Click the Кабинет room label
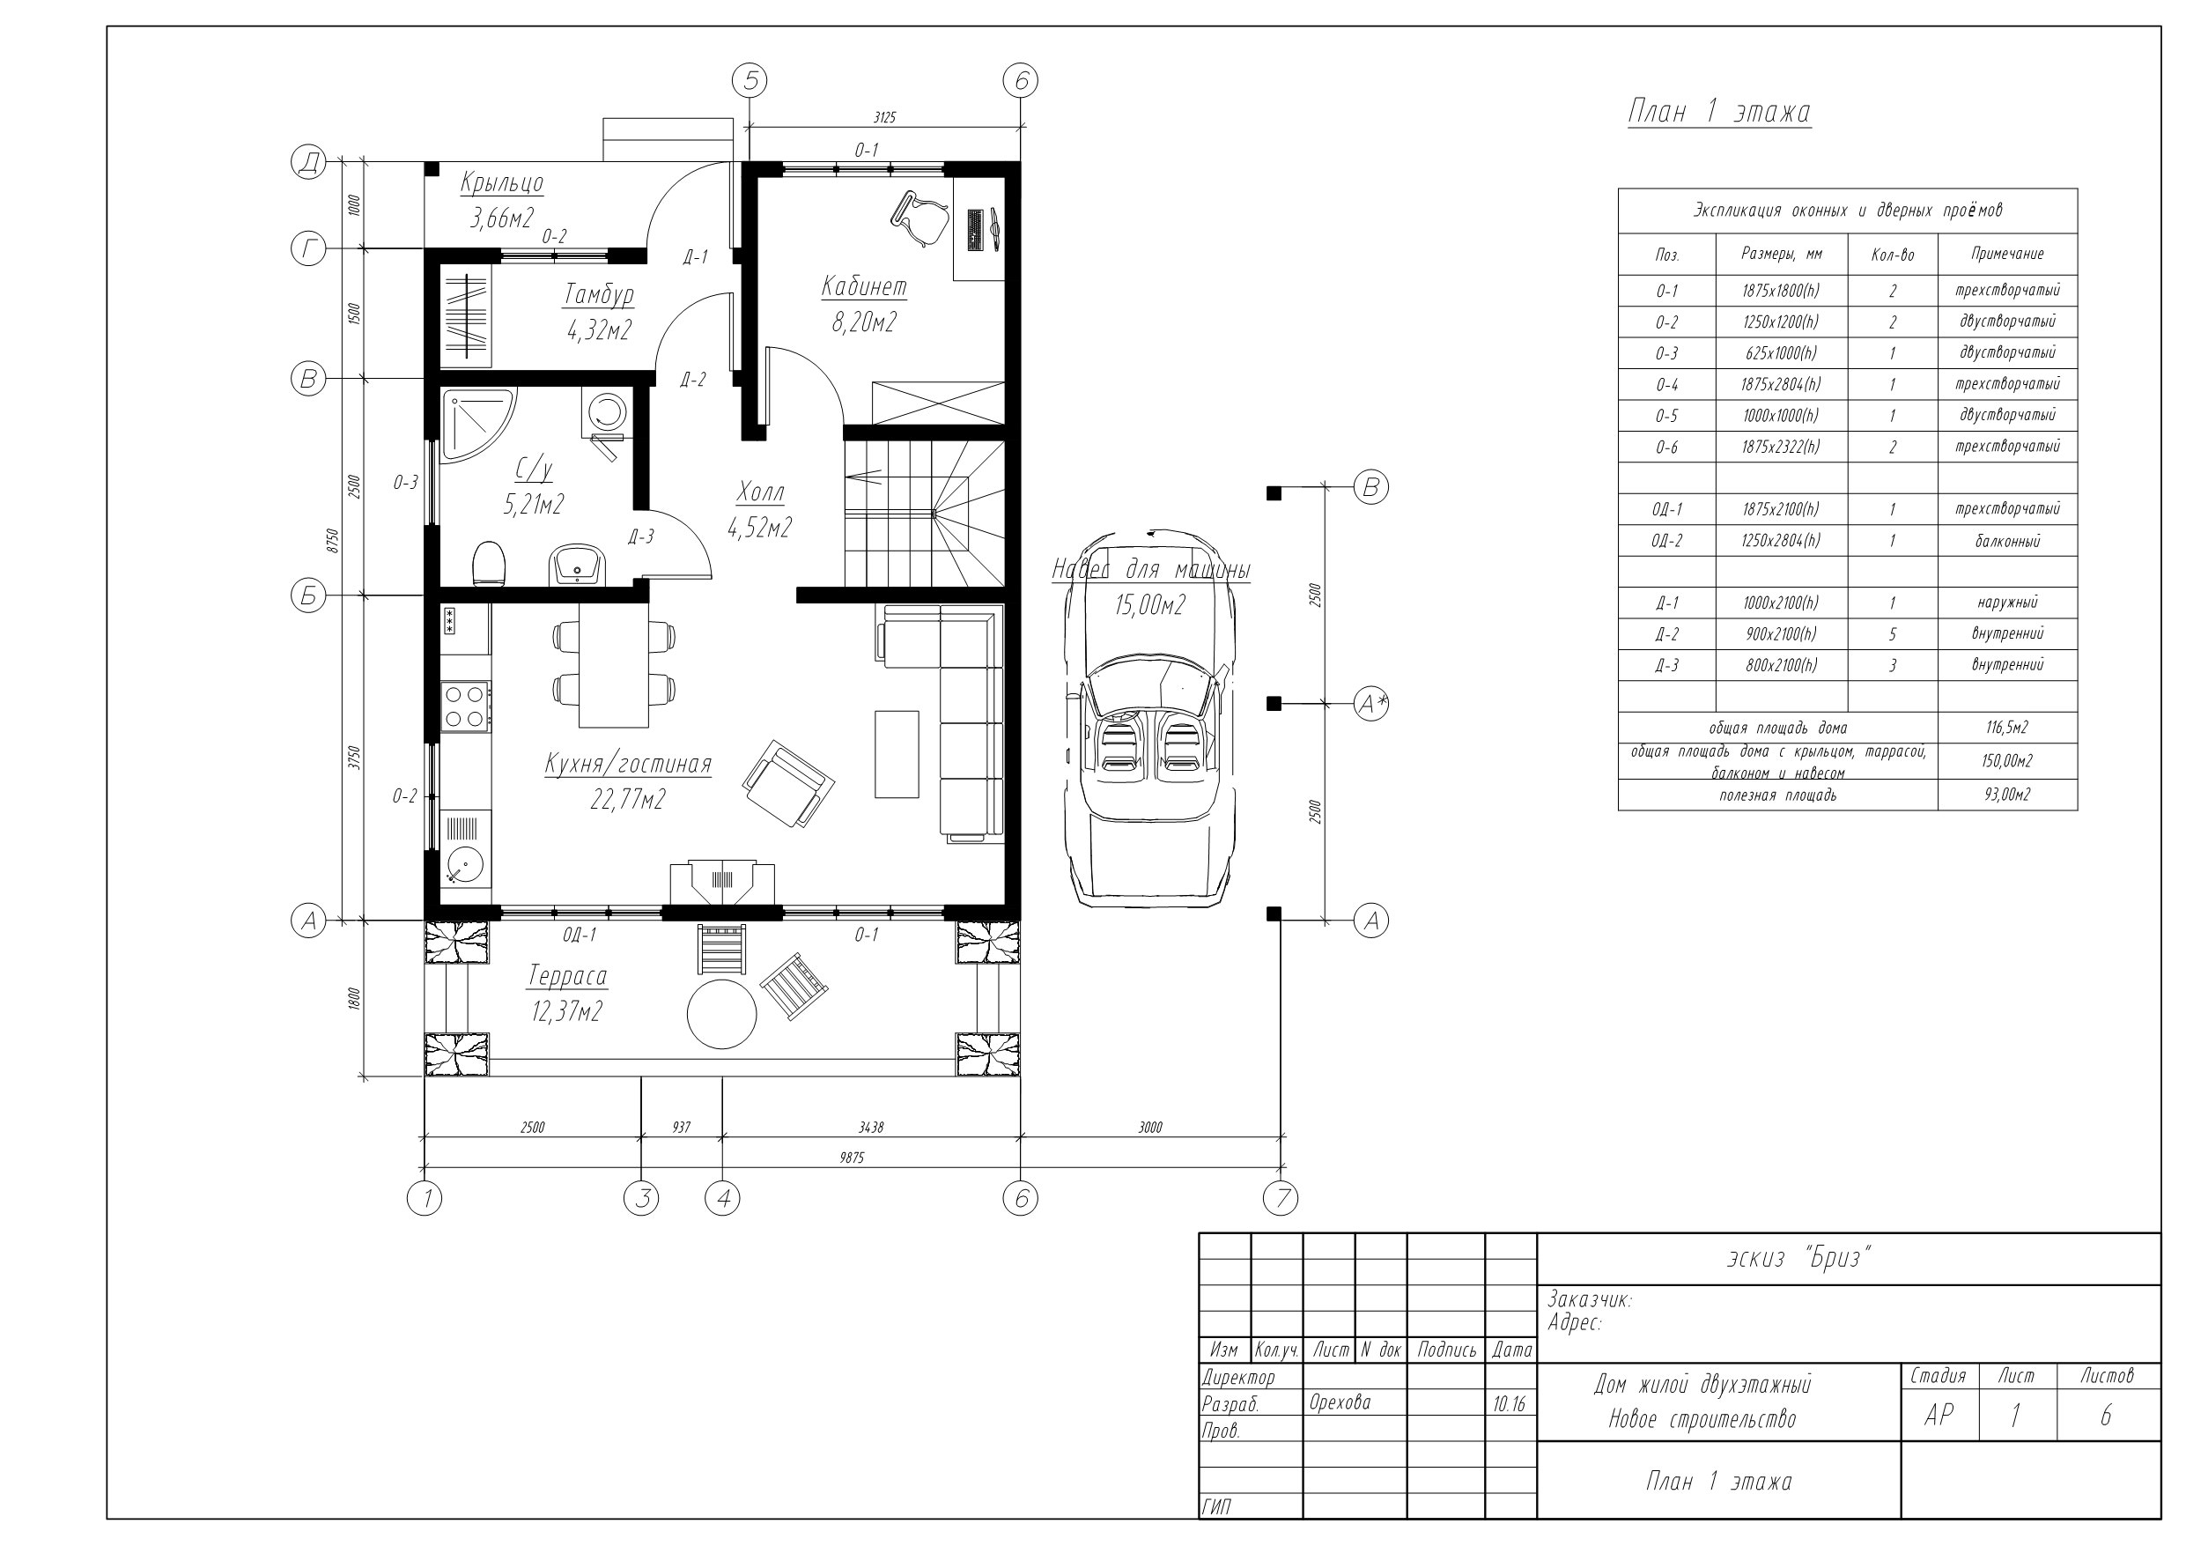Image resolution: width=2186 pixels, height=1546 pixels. (x=863, y=286)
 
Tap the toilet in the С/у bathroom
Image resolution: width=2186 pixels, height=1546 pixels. (x=489, y=564)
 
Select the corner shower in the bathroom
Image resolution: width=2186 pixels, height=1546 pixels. (x=477, y=424)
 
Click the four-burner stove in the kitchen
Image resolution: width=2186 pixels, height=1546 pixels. (x=466, y=706)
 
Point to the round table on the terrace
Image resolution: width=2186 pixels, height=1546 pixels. (x=721, y=1015)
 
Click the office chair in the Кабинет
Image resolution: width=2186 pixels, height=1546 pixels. (x=919, y=219)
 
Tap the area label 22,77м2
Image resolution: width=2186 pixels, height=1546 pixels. (x=627, y=800)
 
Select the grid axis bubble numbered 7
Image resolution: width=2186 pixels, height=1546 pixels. (x=1281, y=1198)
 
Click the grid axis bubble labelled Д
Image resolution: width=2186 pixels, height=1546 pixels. (x=308, y=164)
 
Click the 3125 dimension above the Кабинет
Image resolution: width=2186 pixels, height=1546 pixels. (x=884, y=117)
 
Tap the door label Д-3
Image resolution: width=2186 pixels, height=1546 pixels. (x=641, y=536)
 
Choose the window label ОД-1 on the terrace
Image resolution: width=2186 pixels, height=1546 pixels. (x=579, y=936)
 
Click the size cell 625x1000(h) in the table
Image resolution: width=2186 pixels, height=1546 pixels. (x=1780, y=353)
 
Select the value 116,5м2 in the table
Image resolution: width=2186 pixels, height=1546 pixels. (x=2007, y=728)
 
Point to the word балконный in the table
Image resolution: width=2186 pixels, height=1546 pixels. (x=2007, y=541)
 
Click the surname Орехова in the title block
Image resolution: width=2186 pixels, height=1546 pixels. (x=1340, y=1402)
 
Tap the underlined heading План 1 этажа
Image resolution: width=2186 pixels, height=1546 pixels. (x=1719, y=113)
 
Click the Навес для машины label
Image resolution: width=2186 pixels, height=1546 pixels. (x=1150, y=570)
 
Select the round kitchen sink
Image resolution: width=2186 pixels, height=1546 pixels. (x=466, y=865)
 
